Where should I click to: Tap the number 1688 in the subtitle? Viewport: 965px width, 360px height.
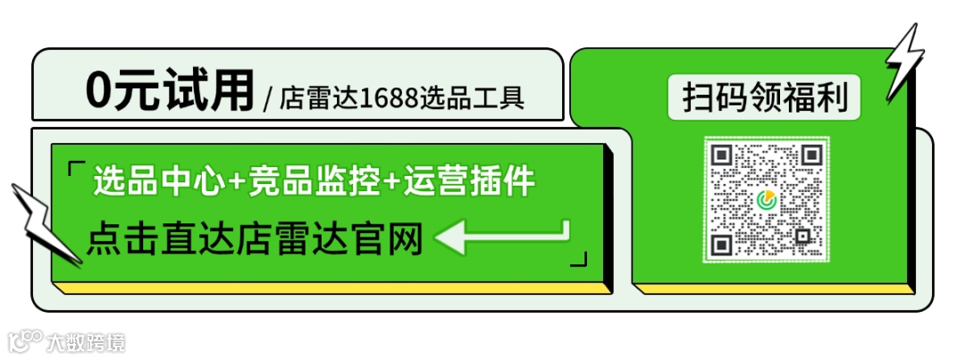click(390, 96)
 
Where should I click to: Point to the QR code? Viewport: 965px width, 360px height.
click(766, 199)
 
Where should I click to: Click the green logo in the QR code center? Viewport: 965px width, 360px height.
click(766, 200)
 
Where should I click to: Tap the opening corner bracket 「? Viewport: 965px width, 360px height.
click(76, 168)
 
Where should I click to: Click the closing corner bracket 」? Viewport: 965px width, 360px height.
click(579, 258)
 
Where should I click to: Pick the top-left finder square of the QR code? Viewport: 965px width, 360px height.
click(722, 155)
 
